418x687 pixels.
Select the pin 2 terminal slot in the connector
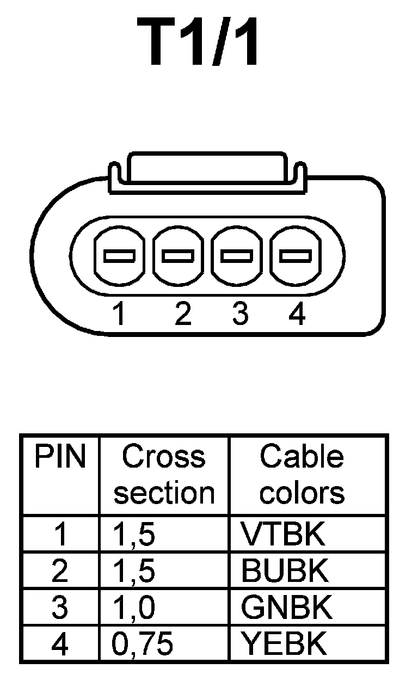pos(179,255)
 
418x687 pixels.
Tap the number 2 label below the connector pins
pos(183,315)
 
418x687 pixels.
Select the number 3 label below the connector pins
pos(240,315)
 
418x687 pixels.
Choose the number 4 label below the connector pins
pos(297,315)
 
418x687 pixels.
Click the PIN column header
pos(60,458)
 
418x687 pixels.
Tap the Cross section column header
pos(164,475)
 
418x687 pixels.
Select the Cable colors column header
pos(302,475)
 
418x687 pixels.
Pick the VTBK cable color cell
pos(283,535)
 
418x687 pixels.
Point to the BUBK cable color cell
pos(285,571)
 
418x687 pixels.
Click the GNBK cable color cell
pos(286,608)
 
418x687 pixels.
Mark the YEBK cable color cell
pos(284,644)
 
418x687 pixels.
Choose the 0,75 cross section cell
pos(143,644)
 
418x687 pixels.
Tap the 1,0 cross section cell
pos(134,608)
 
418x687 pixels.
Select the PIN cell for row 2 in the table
pos(60,571)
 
